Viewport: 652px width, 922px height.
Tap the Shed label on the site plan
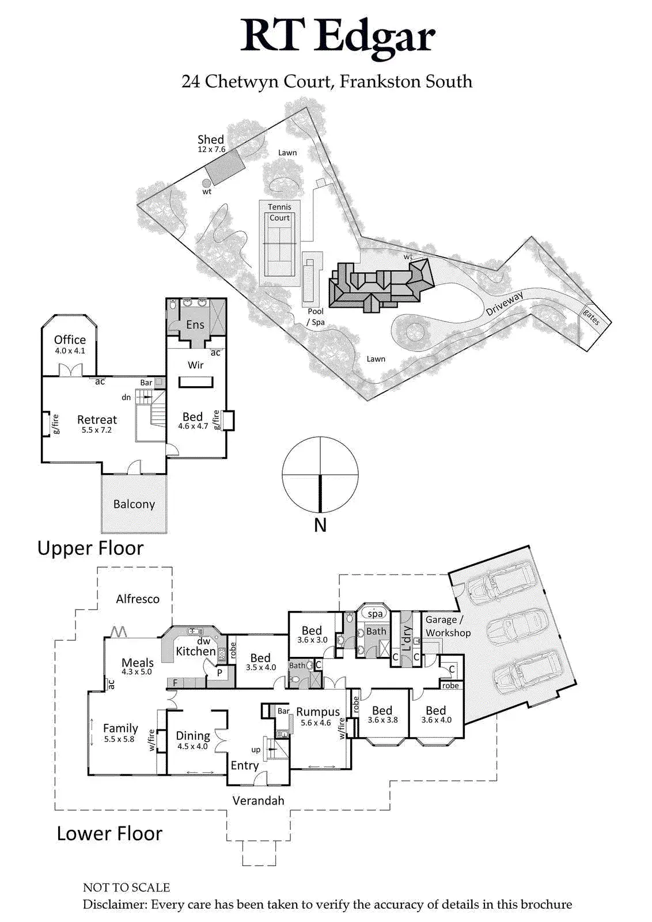(211, 139)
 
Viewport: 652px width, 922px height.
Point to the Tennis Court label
(280, 213)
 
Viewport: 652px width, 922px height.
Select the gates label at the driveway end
(592, 317)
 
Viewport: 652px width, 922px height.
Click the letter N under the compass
(320, 526)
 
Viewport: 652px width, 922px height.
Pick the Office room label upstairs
(70, 339)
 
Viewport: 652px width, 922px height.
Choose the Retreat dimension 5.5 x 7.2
(97, 430)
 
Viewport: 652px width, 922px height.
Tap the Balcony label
(134, 504)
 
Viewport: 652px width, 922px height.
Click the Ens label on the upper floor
(195, 324)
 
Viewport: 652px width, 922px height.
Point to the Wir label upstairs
(195, 365)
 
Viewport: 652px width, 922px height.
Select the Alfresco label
(138, 599)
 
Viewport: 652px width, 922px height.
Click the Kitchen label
(196, 651)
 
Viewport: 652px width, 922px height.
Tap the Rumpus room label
(318, 712)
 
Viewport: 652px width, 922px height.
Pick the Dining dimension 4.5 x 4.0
(192, 746)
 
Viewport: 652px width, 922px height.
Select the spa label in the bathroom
(375, 614)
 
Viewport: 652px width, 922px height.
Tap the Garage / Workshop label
(448, 626)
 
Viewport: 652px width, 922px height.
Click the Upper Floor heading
(90, 548)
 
